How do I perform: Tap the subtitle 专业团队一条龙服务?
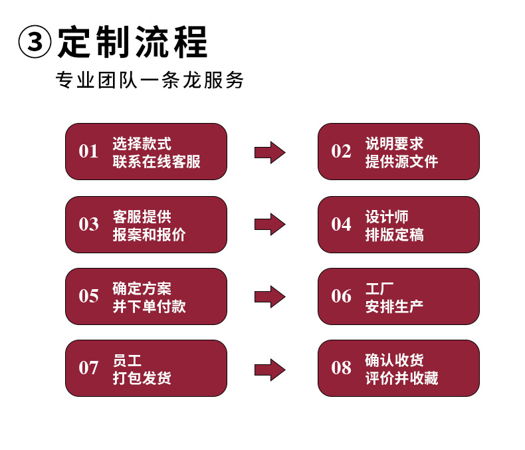pyautogui.click(x=150, y=80)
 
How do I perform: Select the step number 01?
pyautogui.click(x=88, y=152)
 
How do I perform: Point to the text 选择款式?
pyautogui.click(x=142, y=143)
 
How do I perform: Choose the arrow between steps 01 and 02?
pyautogui.click(x=270, y=152)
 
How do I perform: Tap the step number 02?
pyautogui.click(x=341, y=152)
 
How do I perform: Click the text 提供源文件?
pyautogui.click(x=401, y=162)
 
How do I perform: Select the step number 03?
pyautogui.click(x=88, y=225)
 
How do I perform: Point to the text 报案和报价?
pyautogui.click(x=149, y=235)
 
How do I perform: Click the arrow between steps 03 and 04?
pyautogui.click(x=270, y=224)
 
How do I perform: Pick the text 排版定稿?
pyautogui.click(x=394, y=235)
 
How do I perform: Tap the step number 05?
pyautogui.click(x=88, y=296)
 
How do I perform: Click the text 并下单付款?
pyautogui.click(x=149, y=306)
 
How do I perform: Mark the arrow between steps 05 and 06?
pyautogui.click(x=270, y=296)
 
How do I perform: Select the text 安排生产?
pyautogui.click(x=394, y=306)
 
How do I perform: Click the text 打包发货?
pyautogui.click(x=142, y=378)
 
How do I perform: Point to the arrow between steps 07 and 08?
pyautogui.click(x=270, y=369)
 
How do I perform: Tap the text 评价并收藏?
pyautogui.click(x=401, y=378)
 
